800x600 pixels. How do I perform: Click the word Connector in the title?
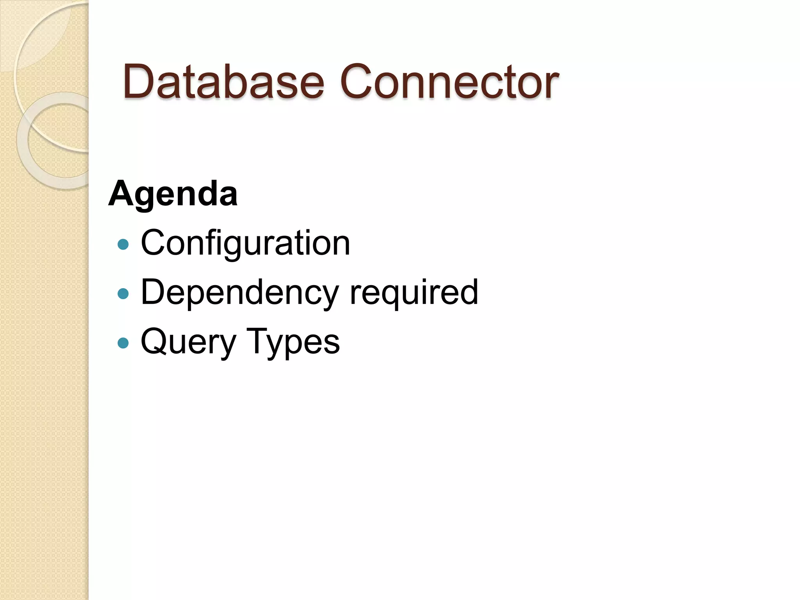[449, 81]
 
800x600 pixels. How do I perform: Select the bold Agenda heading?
[173, 194]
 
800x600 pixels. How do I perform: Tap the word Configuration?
[245, 243]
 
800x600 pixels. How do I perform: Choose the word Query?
[188, 342]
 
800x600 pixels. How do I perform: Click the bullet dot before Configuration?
[123, 245]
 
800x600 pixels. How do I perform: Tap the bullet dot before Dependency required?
[123, 294]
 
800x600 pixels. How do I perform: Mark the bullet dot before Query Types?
[123, 343]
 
